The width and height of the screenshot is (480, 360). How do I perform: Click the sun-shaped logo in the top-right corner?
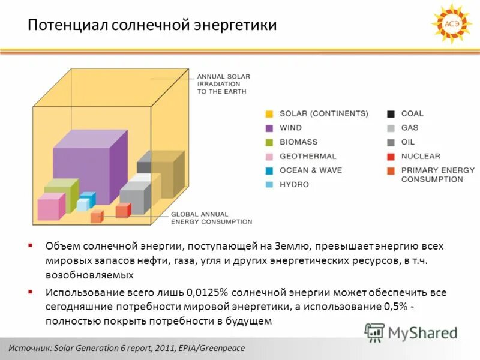pyautogui.click(x=451, y=24)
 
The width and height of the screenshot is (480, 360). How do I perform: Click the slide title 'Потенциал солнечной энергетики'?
pyautogui.click(x=153, y=26)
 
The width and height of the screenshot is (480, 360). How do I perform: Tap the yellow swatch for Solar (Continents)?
pyautogui.click(x=269, y=113)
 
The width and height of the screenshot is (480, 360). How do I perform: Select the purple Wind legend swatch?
pyautogui.click(x=269, y=128)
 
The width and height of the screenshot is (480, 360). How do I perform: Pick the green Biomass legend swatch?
pyautogui.click(x=269, y=142)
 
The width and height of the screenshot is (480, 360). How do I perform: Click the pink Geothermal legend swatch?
pyautogui.click(x=269, y=156)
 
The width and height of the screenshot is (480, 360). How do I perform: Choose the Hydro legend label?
pyautogui.click(x=294, y=184)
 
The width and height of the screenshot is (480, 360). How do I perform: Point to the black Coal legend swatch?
pyautogui.click(x=391, y=113)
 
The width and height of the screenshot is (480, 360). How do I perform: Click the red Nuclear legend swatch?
pyautogui.click(x=391, y=156)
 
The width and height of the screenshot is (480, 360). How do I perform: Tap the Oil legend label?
pyautogui.click(x=408, y=142)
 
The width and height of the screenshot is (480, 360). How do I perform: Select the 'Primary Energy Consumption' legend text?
pyautogui.click(x=437, y=175)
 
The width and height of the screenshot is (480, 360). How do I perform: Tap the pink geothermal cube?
pyautogui.click(x=50, y=207)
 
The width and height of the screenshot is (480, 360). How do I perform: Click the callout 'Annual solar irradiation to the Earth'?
pyautogui.click(x=223, y=84)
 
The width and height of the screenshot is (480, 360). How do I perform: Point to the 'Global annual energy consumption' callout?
pyautogui.click(x=211, y=218)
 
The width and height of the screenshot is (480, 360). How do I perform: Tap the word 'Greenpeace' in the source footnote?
pyautogui.click(x=221, y=348)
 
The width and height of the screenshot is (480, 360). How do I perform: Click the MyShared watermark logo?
pyautogui.click(x=411, y=332)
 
